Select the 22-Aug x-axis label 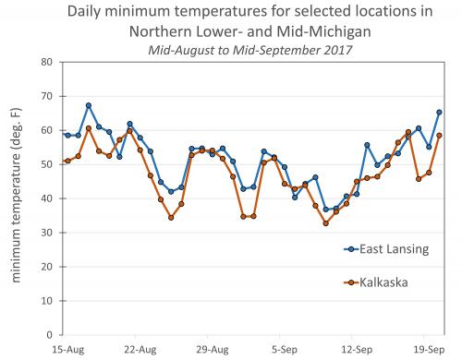(x=139, y=350)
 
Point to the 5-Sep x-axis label (x=285, y=350)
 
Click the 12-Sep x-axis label (x=357, y=350)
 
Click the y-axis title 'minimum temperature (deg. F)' (x=16, y=198)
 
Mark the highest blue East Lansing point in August (x=89, y=106)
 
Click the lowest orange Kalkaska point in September (x=325, y=223)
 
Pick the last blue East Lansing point (x=439, y=113)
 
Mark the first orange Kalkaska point (x=67, y=161)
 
